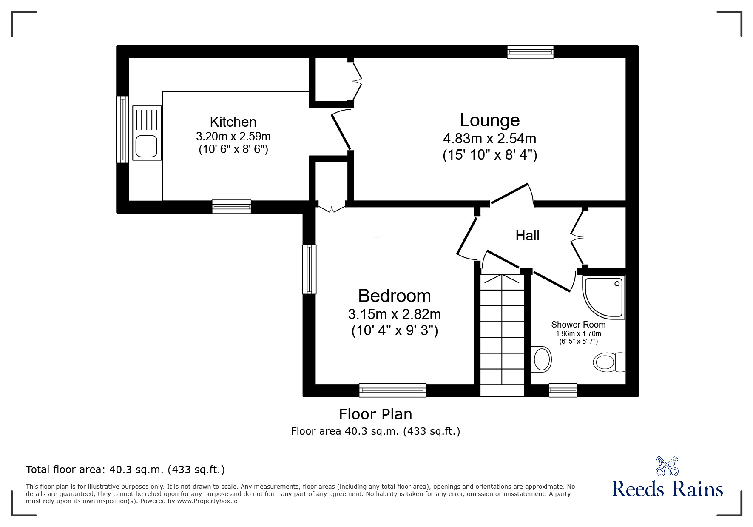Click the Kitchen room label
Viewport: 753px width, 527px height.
[x=233, y=122]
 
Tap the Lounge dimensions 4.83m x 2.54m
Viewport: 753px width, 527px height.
[x=489, y=139]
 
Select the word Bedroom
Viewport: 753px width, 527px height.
[x=394, y=296]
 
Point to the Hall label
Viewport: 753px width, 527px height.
[x=527, y=235]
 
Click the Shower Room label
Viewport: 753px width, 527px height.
[x=578, y=325]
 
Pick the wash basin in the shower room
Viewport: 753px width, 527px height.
[x=541, y=359]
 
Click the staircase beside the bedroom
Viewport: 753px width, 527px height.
[x=502, y=332]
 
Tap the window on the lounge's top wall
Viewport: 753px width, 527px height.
[x=530, y=52]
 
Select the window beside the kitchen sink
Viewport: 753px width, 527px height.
[x=122, y=129]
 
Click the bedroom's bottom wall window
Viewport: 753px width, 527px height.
[x=392, y=390]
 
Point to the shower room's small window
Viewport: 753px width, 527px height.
[x=563, y=390]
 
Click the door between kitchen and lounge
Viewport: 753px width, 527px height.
[x=341, y=131]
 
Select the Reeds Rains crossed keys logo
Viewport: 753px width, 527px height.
[x=667, y=466]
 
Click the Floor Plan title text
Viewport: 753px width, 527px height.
[x=375, y=414]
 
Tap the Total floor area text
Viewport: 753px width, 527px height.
[x=125, y=470]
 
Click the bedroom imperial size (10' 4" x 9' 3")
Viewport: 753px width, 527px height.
[x=394, y=330]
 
